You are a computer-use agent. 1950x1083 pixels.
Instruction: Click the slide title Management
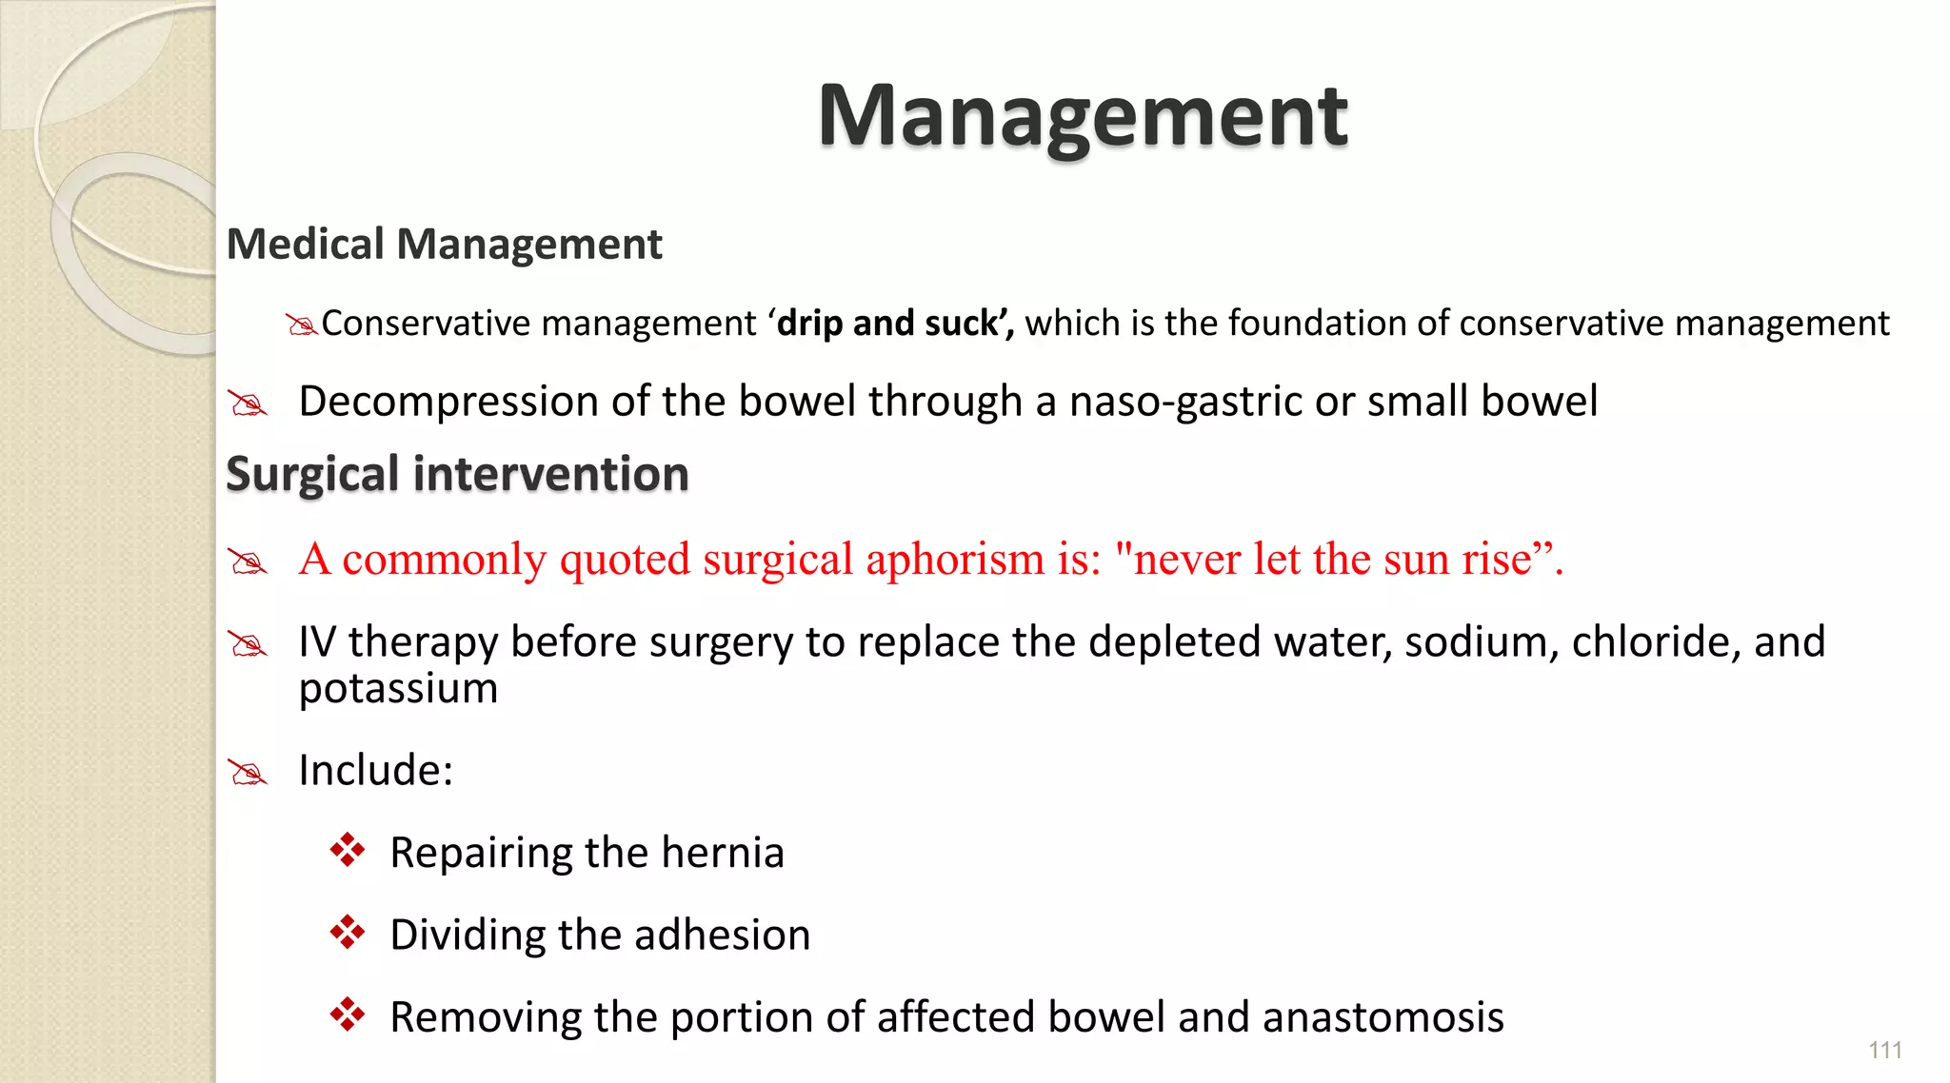click(1083, 116)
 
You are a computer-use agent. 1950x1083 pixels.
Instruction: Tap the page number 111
click(1884, 1050)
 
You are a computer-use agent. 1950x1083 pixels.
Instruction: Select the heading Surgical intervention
click(457, 474)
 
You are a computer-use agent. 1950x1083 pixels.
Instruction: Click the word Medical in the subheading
click(306, 245)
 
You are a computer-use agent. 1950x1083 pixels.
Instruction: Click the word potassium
click(398, 688)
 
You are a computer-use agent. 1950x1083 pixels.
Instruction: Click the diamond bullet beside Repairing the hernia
click(348, 850)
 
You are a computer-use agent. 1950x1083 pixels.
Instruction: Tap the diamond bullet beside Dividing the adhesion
click(348, 933)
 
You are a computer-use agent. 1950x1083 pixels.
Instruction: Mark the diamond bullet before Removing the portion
click(348, 1014)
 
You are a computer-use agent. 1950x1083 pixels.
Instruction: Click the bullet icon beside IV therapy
click(248, 645)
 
